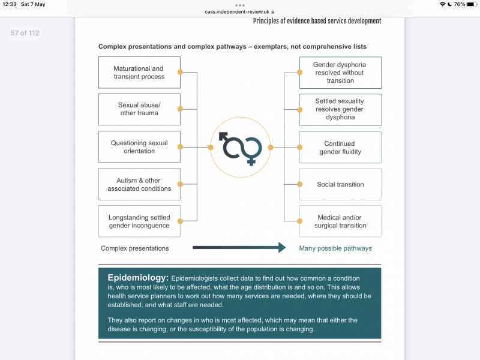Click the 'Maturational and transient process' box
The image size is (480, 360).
pos(139,73)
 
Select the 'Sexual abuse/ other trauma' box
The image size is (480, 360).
pos(139,109)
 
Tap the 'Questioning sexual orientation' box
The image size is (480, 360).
pos(139,147)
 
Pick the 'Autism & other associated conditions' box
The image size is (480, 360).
pos(139,184)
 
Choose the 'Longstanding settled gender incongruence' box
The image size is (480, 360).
pos(139,221)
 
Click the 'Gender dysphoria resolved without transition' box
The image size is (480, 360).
pos(340,73)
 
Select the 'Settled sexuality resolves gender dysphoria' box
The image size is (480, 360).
pos(340,110)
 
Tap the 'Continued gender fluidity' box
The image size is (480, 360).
pos(340,148)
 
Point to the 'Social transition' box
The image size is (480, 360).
pos(340,184)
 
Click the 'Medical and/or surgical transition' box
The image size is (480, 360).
pos(340,221)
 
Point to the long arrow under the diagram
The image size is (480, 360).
pos(239,248)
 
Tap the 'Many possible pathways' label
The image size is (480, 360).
pos(335,248)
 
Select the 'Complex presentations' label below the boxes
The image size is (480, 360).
pos(134,248)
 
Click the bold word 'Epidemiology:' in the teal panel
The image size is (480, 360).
pos(138,278)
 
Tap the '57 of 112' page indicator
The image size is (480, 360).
pos(25,33)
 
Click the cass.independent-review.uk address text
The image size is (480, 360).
pos(237,12)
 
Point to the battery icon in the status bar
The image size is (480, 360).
pos(472,4)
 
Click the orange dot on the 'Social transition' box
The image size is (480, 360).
pos(299,184)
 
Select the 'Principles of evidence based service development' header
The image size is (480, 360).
pos(317,21)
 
